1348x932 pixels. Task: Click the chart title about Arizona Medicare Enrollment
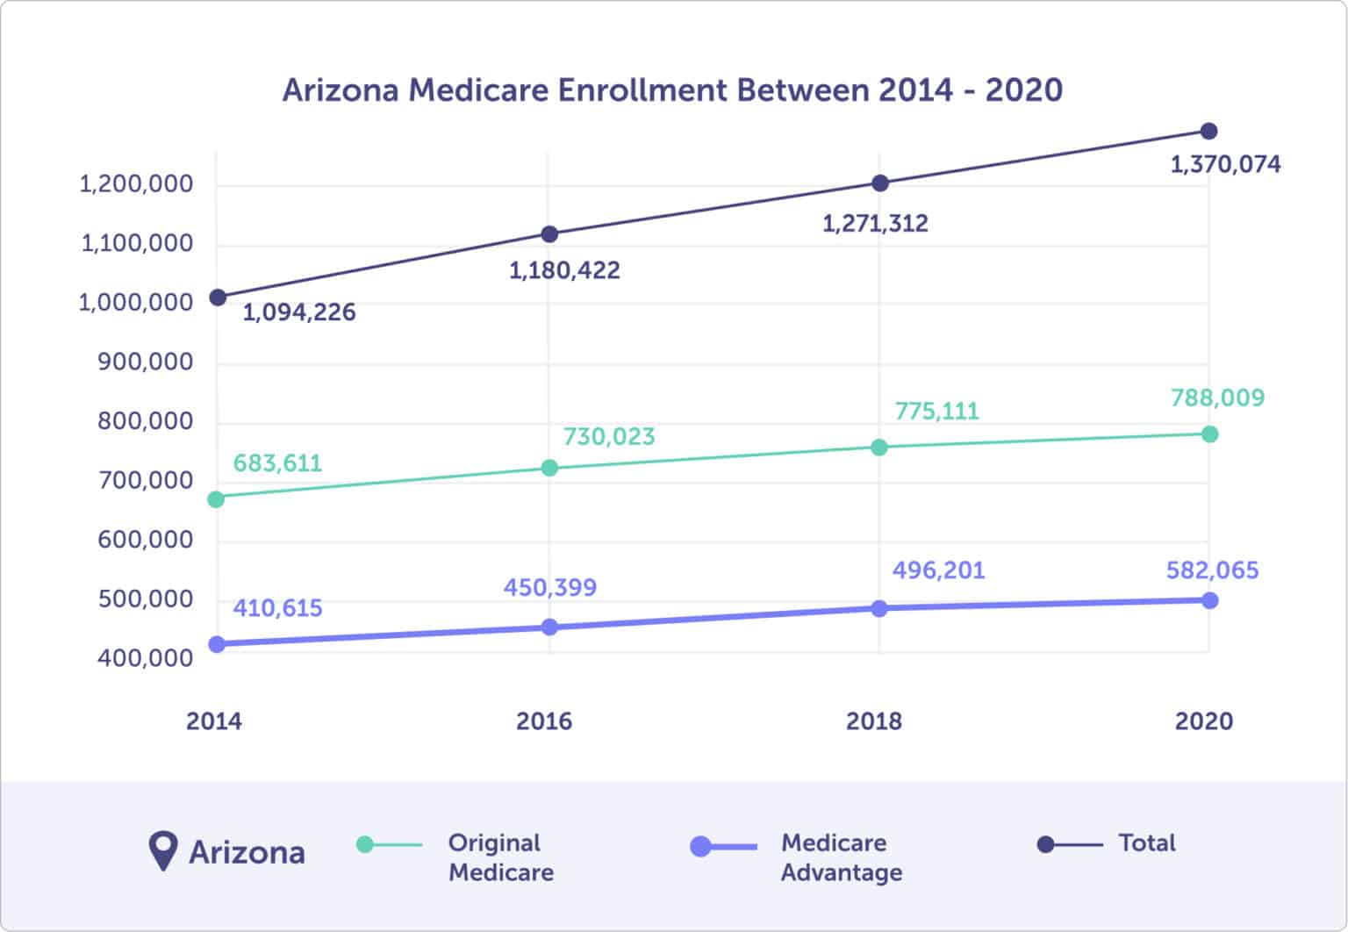[x=672, y=90]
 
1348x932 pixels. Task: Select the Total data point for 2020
[x=1208, y=132]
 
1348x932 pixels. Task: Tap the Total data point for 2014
[x=218, y=298]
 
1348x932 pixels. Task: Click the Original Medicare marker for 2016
[x=549, y=468]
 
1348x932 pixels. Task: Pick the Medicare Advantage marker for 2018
[x=879, y=608]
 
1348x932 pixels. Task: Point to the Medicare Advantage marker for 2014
[x=217, y=644]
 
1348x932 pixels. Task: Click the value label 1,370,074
[x=1225, y=164]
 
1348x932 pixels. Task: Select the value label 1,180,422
[x=564, y=270]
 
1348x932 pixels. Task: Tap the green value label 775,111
[x=936, y=411]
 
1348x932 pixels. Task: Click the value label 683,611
[x=277, y=462]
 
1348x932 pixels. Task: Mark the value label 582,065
[x=1212, y=570]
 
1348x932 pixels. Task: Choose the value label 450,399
[x=549, y=587]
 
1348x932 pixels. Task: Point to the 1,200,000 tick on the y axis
[x=136, y=184]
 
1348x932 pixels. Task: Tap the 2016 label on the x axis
[x=543, y=721]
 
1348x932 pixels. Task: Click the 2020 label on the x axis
[x=1203, y=721]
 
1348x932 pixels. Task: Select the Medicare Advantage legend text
[x=841, y=857]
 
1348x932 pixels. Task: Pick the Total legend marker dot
[x=1045, y=844]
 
